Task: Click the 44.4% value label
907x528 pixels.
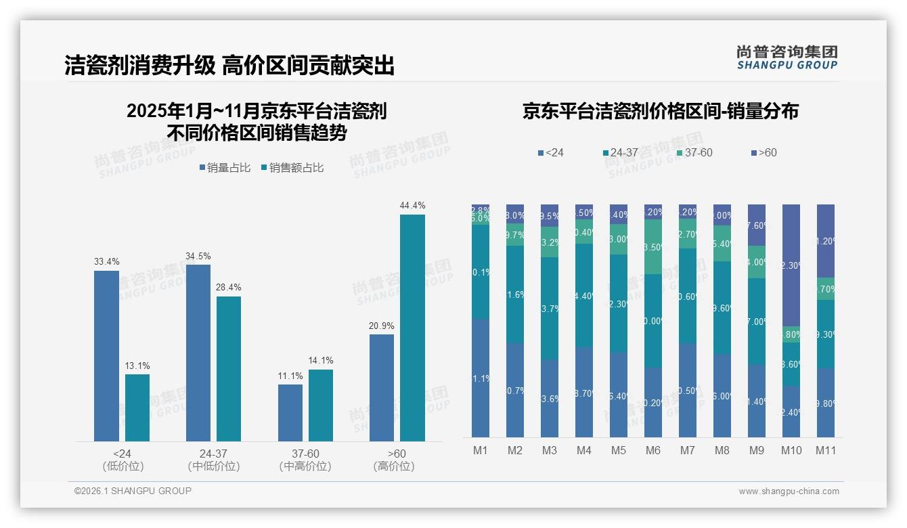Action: click(x=412, y=205)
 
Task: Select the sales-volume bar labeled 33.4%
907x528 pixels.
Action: click(x=106, y=355)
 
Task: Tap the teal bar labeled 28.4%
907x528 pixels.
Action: click(x=229, y=369)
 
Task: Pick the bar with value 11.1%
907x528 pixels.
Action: click(x=290, y=413)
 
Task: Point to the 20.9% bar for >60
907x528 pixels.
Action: click(x=382, y=387)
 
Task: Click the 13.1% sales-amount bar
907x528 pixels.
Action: click(x=137, y=408)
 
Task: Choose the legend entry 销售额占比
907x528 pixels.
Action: click(x=292, y=168)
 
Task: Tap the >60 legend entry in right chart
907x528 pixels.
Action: click(x=764, y=153)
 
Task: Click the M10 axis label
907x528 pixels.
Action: click(x=791, y=450)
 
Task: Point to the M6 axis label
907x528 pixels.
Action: click(x=653, y=450)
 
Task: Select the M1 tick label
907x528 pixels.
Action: click(x=480, y=450)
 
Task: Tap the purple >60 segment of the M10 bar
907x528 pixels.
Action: click(x=791, y=265)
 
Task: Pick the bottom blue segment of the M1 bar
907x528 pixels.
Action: click(x=481, y=378)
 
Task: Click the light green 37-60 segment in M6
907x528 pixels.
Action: click(x=653, y=246)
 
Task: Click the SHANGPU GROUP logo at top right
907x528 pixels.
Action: click(x=787, y=58)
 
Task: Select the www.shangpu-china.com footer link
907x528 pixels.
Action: click(x=789, y=491)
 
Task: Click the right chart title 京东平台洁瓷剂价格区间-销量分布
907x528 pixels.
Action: click(x=660, y=112)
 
